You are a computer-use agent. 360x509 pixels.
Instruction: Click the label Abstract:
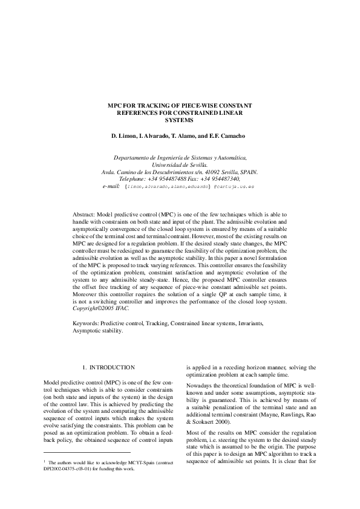click(x=85, y=215)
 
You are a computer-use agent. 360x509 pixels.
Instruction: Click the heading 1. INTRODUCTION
click(x=108, y=368)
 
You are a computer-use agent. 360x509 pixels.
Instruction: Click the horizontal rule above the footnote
click(x=87, y=468)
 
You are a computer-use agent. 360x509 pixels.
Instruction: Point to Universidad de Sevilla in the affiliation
click(x=180, y=164)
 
